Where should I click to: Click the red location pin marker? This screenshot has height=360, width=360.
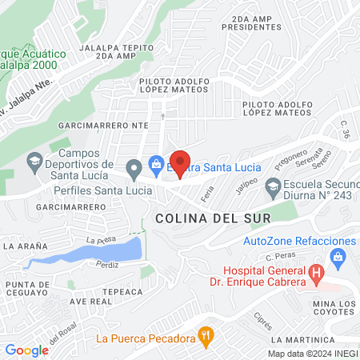click(181, 160)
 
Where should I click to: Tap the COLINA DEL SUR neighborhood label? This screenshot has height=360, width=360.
click(207, 218)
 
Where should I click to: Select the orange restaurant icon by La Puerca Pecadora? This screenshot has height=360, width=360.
click(206, 338)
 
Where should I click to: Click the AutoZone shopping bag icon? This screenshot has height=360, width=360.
click(338, 256)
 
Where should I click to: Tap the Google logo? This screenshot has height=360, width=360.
click(26, 350)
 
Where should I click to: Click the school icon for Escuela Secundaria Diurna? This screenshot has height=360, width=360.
click(273, 186)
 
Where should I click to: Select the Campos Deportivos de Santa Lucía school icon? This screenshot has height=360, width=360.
click(34, 165)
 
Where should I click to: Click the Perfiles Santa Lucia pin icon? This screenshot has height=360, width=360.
click(134, 168)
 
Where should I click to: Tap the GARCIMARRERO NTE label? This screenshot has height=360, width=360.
click(104, 126)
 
